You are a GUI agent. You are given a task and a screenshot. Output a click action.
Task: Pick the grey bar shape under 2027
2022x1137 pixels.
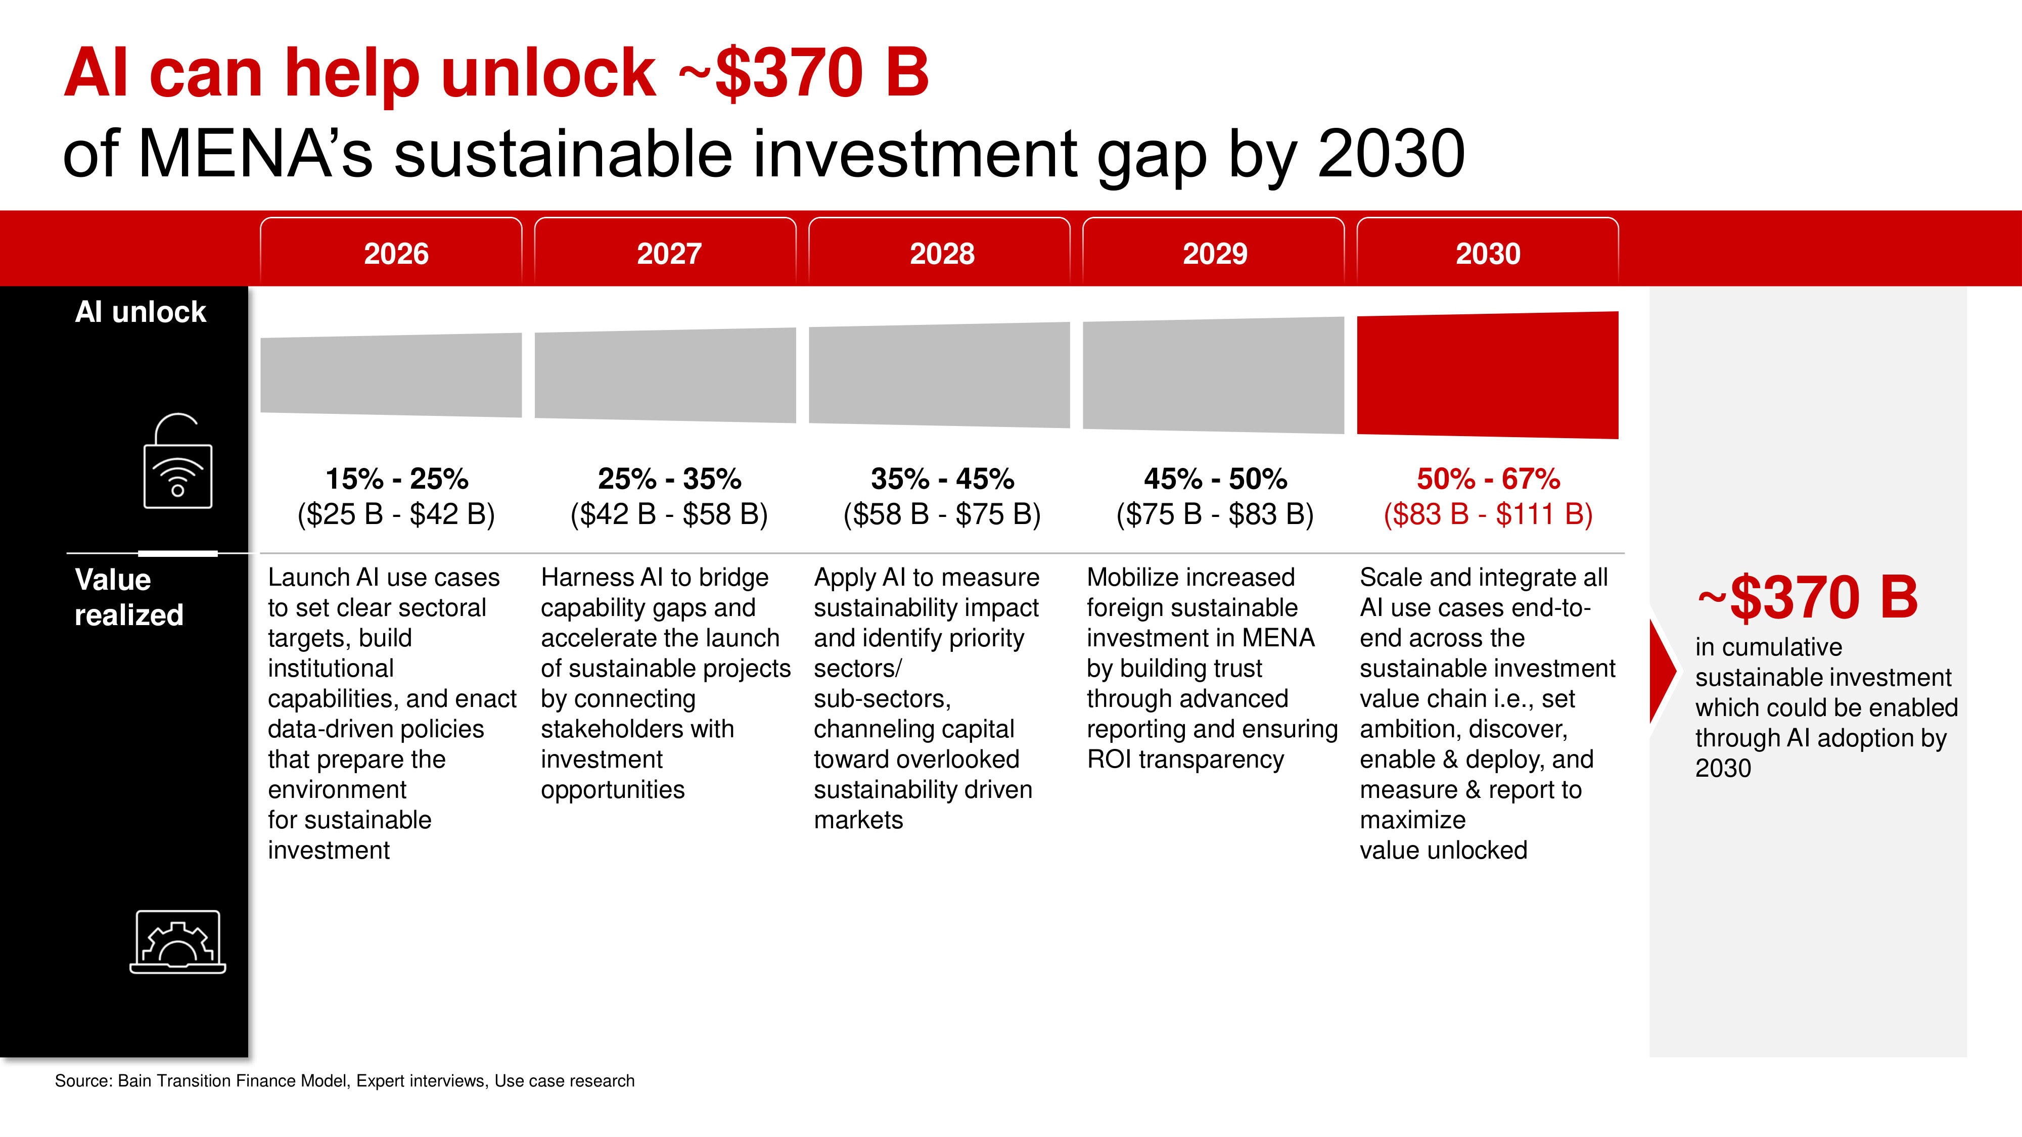pos(665,375)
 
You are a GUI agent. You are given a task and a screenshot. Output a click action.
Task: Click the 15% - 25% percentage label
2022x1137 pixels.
pos(396,479)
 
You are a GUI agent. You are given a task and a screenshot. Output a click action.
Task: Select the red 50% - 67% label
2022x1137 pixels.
pos(1488,479)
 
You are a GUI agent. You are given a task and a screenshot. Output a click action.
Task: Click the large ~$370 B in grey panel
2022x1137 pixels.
pos(1807,597)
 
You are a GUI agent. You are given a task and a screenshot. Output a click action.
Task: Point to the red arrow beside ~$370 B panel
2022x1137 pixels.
pos(1661,671)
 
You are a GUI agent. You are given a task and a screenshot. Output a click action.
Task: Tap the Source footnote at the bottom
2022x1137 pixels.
pos(344,1080)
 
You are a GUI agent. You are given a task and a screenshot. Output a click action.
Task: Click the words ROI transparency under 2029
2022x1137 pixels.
pos(1184,760)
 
